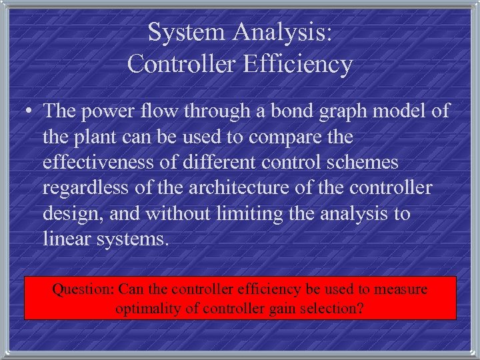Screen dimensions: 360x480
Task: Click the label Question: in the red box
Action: pyautogui.click(x=84, y=290)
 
